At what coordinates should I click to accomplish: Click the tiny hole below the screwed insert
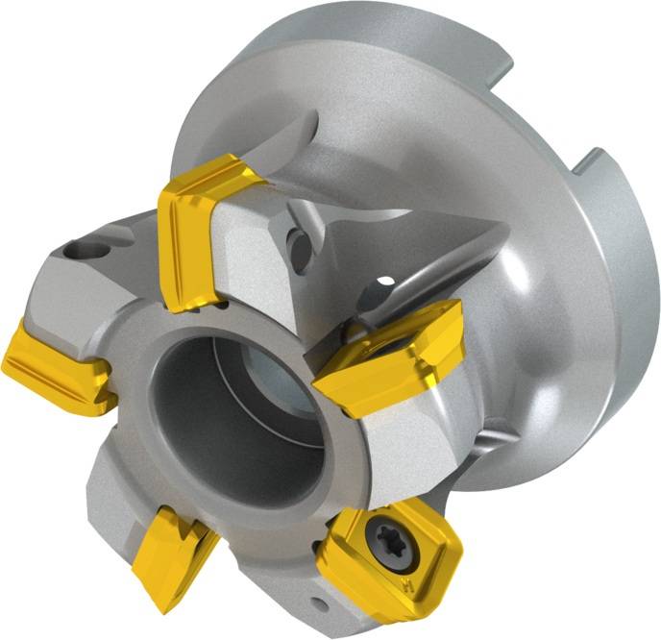pyautogui.click(x=317, y=603)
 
